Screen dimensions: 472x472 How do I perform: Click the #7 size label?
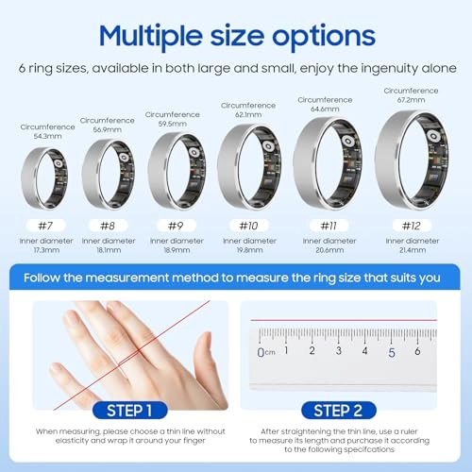click(x=43, y=226)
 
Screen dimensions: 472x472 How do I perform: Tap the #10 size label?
click(x=247, y=226)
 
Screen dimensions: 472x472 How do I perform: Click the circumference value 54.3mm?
click(x=43, y=136)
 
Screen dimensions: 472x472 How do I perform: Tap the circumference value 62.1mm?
click(x=247, y=115)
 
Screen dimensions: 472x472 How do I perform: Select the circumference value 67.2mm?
click(x=412, y=100)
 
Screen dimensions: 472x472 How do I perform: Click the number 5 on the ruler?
click(x=391, y=351)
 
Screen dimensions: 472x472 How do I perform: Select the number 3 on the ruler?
click(x=339, y=351)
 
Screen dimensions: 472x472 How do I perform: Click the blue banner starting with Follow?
click(x=236, y=278)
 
